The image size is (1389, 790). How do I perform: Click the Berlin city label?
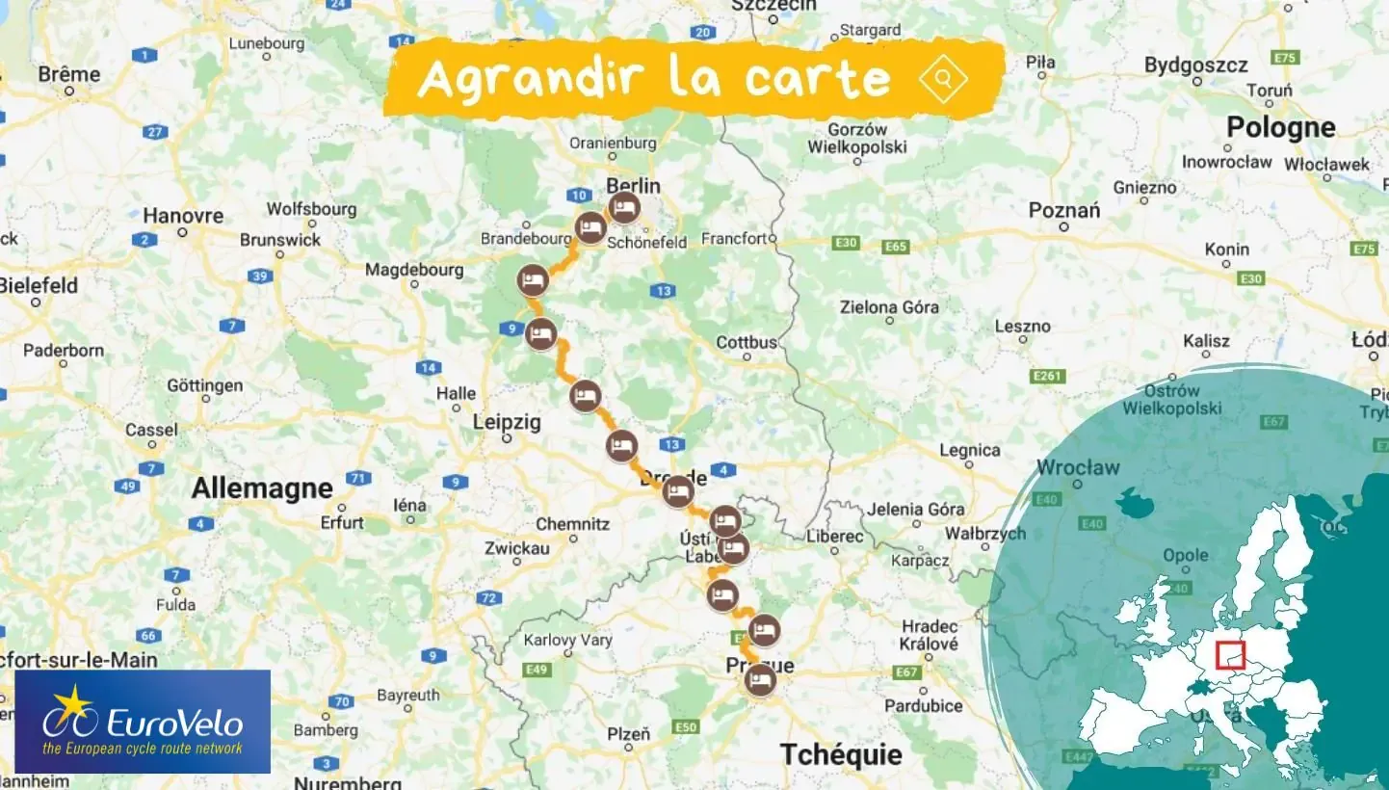633,186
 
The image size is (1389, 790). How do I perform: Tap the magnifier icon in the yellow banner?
943,79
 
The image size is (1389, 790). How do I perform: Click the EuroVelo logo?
143,722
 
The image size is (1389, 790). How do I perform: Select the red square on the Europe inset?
1230,656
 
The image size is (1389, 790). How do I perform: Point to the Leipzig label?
507,422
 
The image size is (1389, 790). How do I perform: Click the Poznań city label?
1063,211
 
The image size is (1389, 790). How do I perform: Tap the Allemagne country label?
261,487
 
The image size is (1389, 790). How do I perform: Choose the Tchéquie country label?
840,753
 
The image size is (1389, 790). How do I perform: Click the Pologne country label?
1280,127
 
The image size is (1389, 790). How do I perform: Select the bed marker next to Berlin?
624,207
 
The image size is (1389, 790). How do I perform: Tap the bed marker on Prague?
760,680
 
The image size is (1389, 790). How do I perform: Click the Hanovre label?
183,216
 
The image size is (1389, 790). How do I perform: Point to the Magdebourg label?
414,270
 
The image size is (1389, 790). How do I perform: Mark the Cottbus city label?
747,342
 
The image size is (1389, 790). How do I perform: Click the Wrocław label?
1078,468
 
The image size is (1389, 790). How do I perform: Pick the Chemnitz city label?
572,524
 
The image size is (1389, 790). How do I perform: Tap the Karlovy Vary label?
567,640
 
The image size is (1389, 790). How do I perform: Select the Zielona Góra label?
889,307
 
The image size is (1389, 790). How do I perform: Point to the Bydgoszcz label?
1195,66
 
